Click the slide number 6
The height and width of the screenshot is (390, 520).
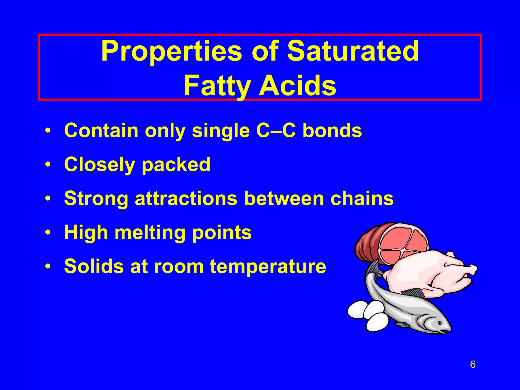(x=473, y=364)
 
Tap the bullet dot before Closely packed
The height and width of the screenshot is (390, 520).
(x=47, y=165)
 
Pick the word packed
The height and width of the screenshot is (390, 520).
(x=176, y=165)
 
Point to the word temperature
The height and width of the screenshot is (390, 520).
(x=268, y=267)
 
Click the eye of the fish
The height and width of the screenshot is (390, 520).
(x=440, y=323)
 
